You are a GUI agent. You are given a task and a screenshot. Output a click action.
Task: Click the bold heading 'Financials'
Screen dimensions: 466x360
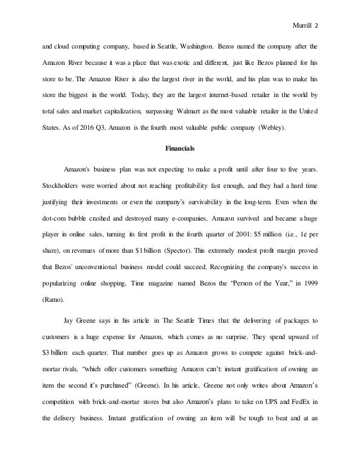click(x=180, y=149)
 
